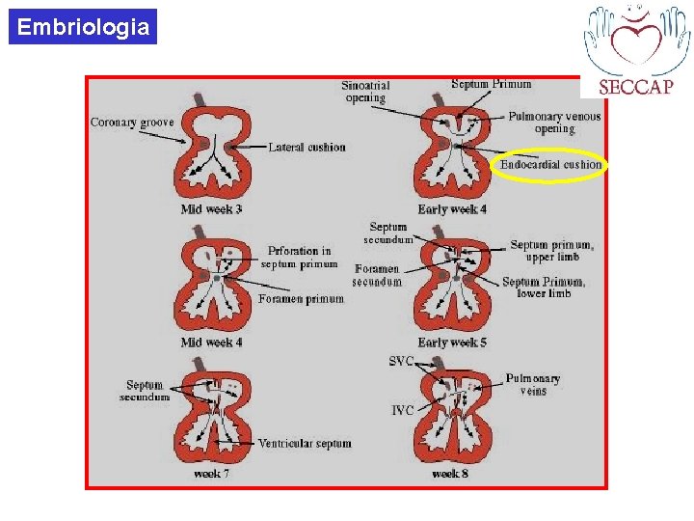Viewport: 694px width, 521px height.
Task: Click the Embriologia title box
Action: [84, 27]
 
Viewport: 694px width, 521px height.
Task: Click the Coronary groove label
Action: [132, 123]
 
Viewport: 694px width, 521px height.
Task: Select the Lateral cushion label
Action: [307, 148]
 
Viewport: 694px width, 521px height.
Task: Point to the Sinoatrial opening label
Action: [365, 92]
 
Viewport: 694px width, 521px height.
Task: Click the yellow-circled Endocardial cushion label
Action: [550, 165]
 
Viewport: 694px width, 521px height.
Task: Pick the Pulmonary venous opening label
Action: [554, 123]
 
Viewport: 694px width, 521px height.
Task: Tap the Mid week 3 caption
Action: [211, 209]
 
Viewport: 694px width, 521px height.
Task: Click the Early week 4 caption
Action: [452, 209]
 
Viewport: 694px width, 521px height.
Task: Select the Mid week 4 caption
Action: [211, 343]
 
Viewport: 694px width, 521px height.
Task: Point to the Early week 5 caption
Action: [452, 343]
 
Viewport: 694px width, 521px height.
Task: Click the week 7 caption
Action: [211, 474]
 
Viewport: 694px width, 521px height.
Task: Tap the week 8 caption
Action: [451, 474]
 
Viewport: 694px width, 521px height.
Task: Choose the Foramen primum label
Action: [301, 299]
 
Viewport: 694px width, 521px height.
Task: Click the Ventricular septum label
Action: [305, 444]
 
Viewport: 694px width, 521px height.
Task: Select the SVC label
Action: [401, 362]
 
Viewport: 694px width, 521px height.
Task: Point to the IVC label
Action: [403, 410]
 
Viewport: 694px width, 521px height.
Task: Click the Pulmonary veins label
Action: [532, 385]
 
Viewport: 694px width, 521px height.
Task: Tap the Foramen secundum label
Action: [377, 275]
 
